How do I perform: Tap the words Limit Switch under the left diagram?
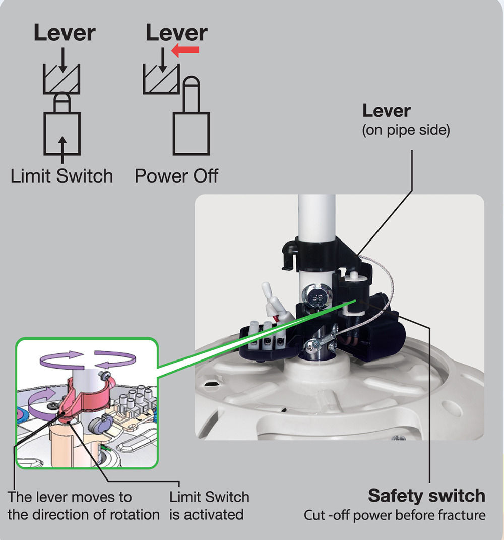[61, 176]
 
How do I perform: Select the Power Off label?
[176, 176]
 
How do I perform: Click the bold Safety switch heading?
[426, 496]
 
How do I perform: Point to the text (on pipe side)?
[406, 130]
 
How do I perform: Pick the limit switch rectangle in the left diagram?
[61, 134]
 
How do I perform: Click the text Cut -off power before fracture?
[394, 516]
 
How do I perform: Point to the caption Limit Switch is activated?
[209, 506]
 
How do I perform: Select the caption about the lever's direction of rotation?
[83, 506]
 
